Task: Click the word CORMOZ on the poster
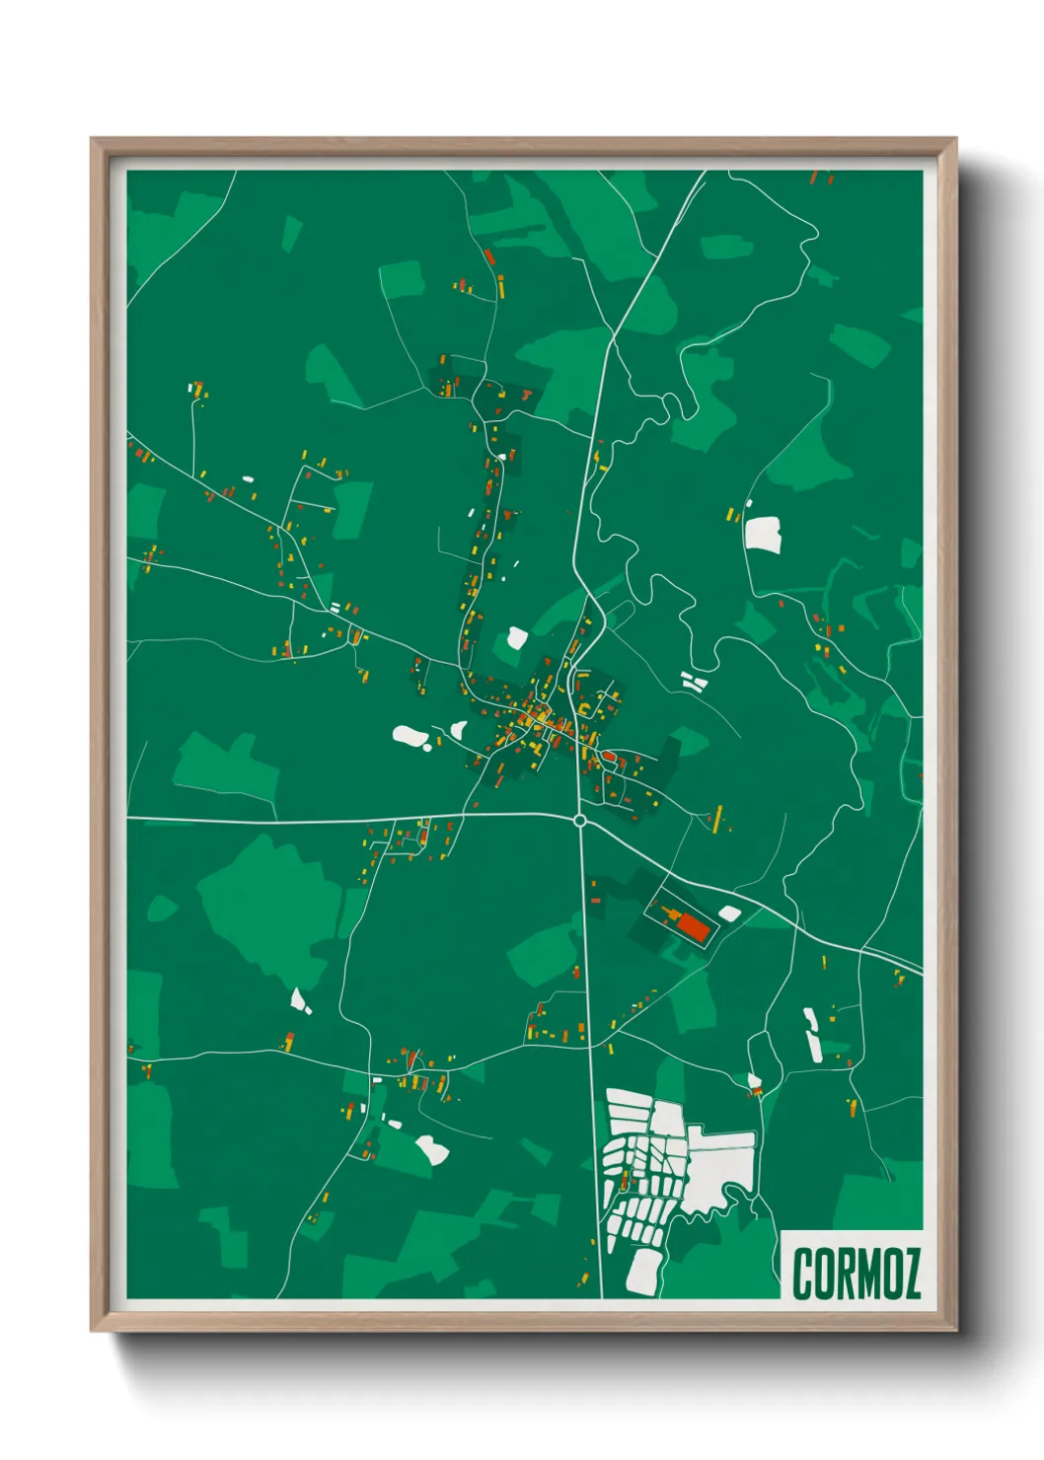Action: tap(856, 1273)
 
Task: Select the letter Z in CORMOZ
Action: tap(909, 1273)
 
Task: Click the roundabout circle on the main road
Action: tap(580, 820)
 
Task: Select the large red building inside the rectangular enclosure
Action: tap(694, 927)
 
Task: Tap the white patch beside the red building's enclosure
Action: tap(729, 913)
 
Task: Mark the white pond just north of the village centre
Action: tap(516, 638)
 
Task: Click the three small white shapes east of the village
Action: tap(693, 681)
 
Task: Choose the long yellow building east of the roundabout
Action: tap(718, 817)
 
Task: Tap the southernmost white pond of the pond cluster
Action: tap(642, 1272)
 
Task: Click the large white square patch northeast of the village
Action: tap(763, 535)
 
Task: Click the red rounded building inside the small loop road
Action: tap(609, 757)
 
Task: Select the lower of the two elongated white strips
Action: tap(815, 1047)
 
